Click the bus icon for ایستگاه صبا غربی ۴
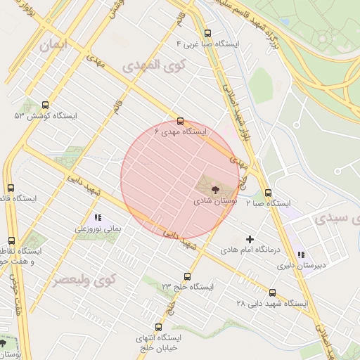tap(207, 33)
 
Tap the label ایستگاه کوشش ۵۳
tap(44, 115)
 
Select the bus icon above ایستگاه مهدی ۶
tap(181, 121)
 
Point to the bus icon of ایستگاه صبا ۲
tap(268, 193)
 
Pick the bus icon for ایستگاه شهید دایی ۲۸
tap(273, 293)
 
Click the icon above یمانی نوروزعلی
tap(98, 218)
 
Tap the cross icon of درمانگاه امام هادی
tap(250, 239)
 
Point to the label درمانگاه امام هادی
tap(250, 250)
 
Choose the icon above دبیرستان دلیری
tap(302, 255)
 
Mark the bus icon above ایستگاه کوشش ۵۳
tap(46, 105)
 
